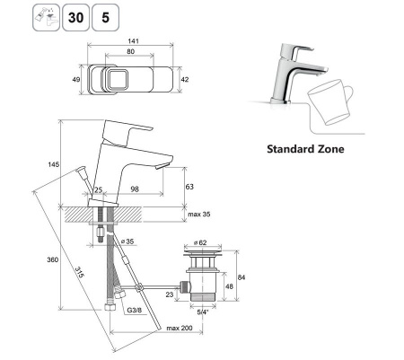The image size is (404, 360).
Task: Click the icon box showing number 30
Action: click(75, 17)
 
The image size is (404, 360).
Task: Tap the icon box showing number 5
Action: click(105, 17)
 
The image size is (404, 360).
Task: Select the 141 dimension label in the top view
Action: click(133, 41)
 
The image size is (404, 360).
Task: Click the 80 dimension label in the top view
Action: click(130, 51)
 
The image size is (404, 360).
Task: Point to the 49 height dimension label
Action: click(76, 79)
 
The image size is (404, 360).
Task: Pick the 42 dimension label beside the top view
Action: click(185, 79)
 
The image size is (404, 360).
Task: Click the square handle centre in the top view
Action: click(118, 79)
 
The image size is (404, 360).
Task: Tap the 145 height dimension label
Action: click(54, 164)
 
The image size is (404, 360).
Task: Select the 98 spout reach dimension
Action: click(135, 189)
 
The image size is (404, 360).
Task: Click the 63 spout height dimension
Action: click(189, 187)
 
